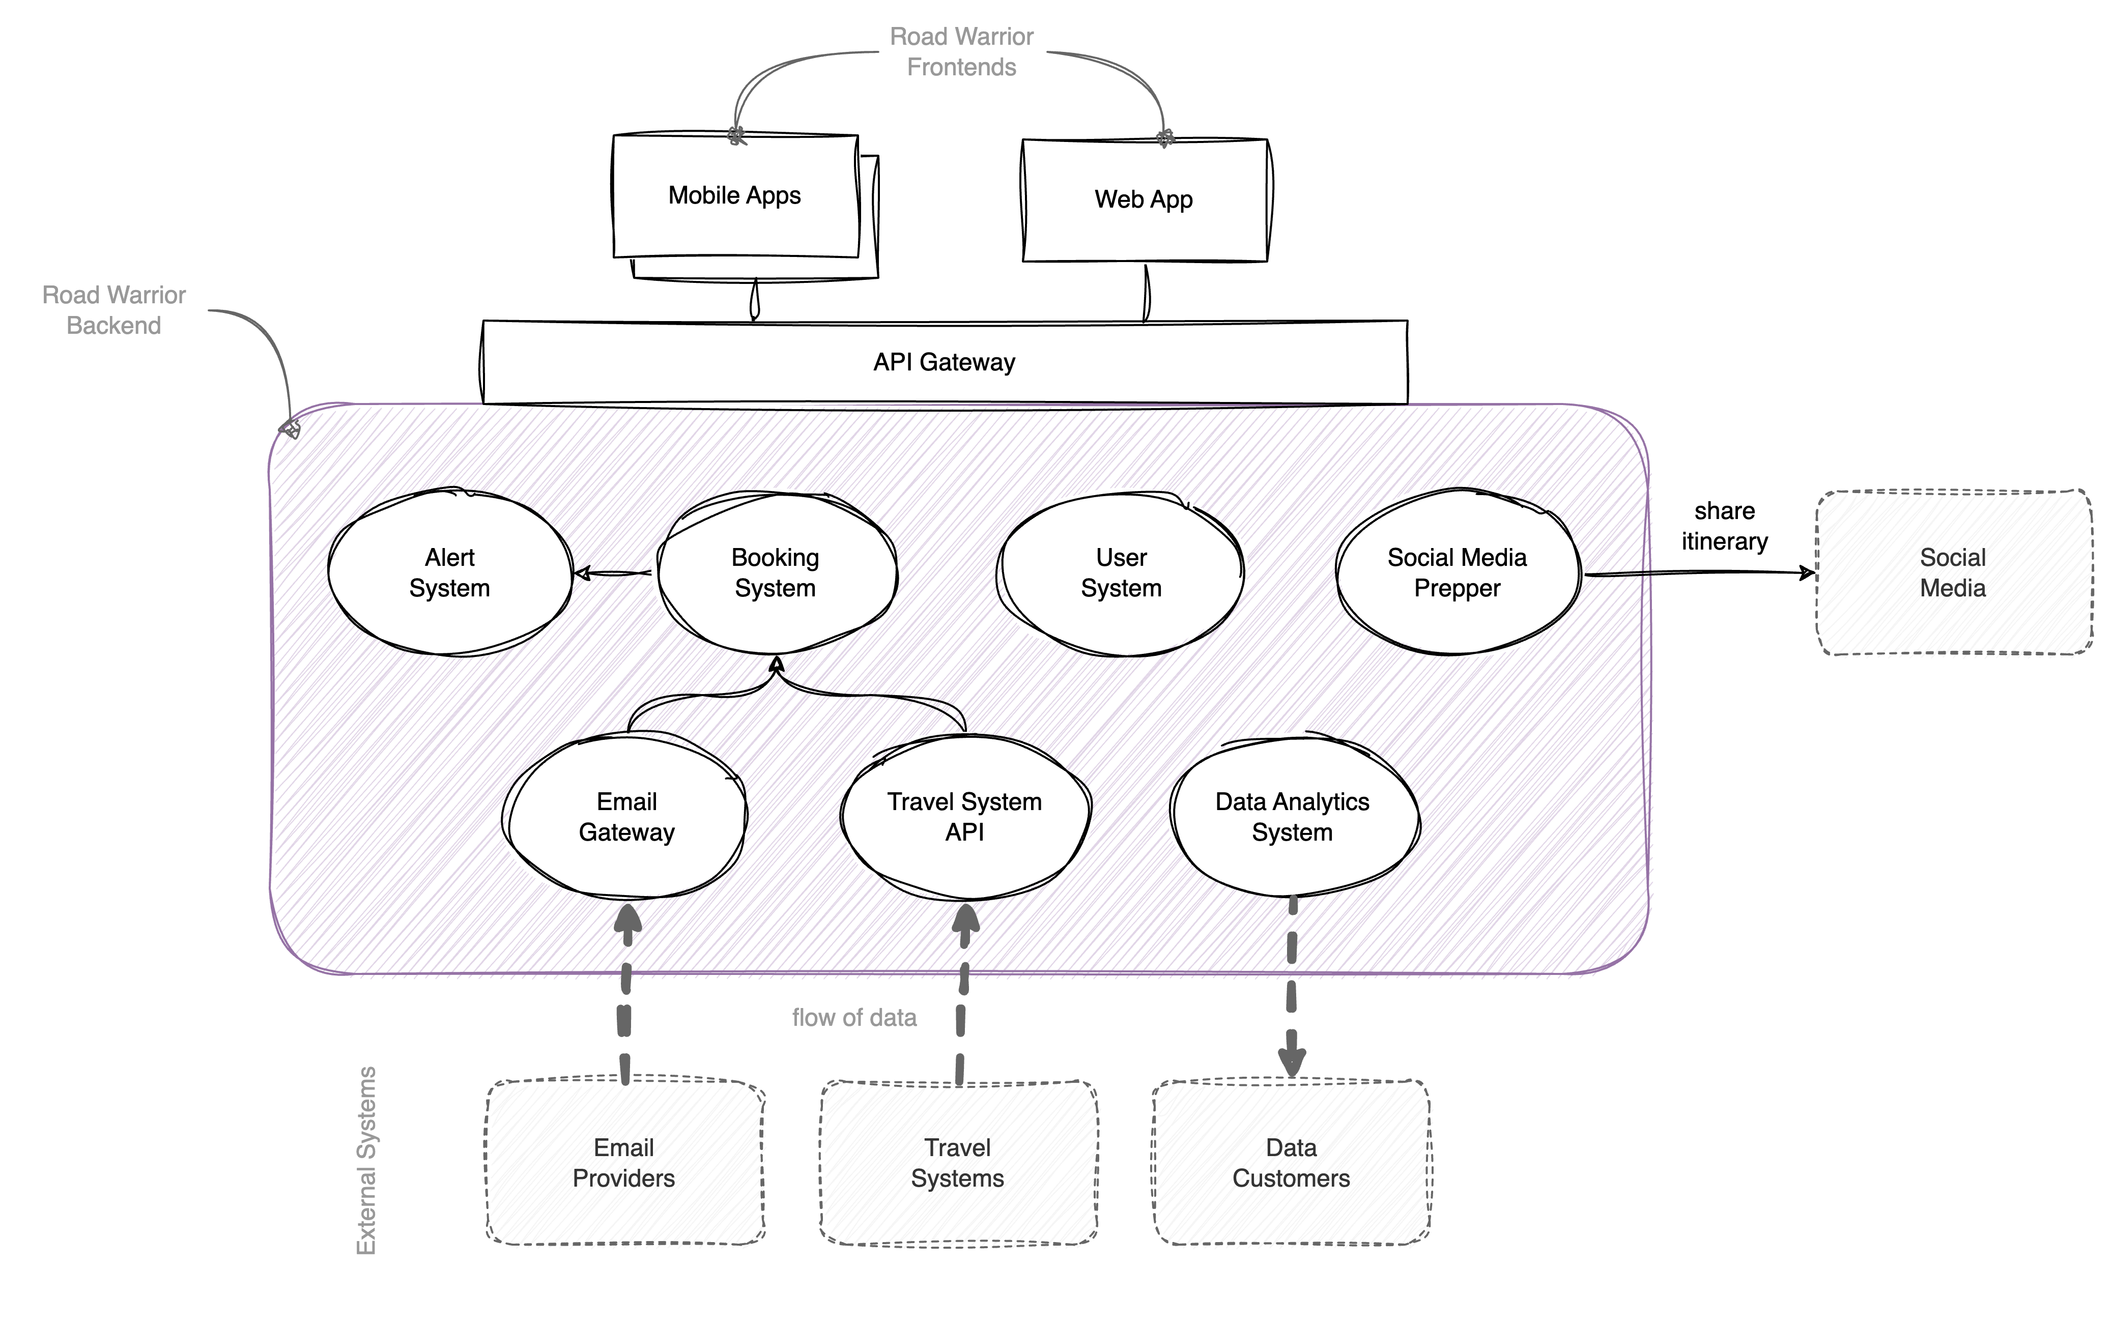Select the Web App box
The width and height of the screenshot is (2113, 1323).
(x=1144, y=202)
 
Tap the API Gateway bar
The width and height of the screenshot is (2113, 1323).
(x=945, y=362)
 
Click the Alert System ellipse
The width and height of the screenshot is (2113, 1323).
(x=450, y=573)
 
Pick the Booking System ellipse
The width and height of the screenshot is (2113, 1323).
(x=775, y=573)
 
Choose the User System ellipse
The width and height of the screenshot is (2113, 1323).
(x=1122, y=573)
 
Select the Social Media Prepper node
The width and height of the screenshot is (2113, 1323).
(x=1458, y=573)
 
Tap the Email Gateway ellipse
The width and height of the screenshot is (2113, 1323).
(x=626, y=817)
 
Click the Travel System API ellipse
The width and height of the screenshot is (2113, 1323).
(x=965, y=817)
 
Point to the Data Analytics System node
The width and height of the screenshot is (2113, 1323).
(x=1292, y=817)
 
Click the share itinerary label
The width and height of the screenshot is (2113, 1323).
(x=1725, y=526)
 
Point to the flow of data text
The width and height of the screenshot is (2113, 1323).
(x=854, y=1018)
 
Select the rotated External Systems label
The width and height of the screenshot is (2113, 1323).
(x=366, y=1160)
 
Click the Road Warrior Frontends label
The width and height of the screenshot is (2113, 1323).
(x=961, y=51)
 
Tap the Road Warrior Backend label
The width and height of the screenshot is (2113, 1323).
(x=114, y=310)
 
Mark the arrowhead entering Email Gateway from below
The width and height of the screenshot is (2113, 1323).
(x=626, y=919)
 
